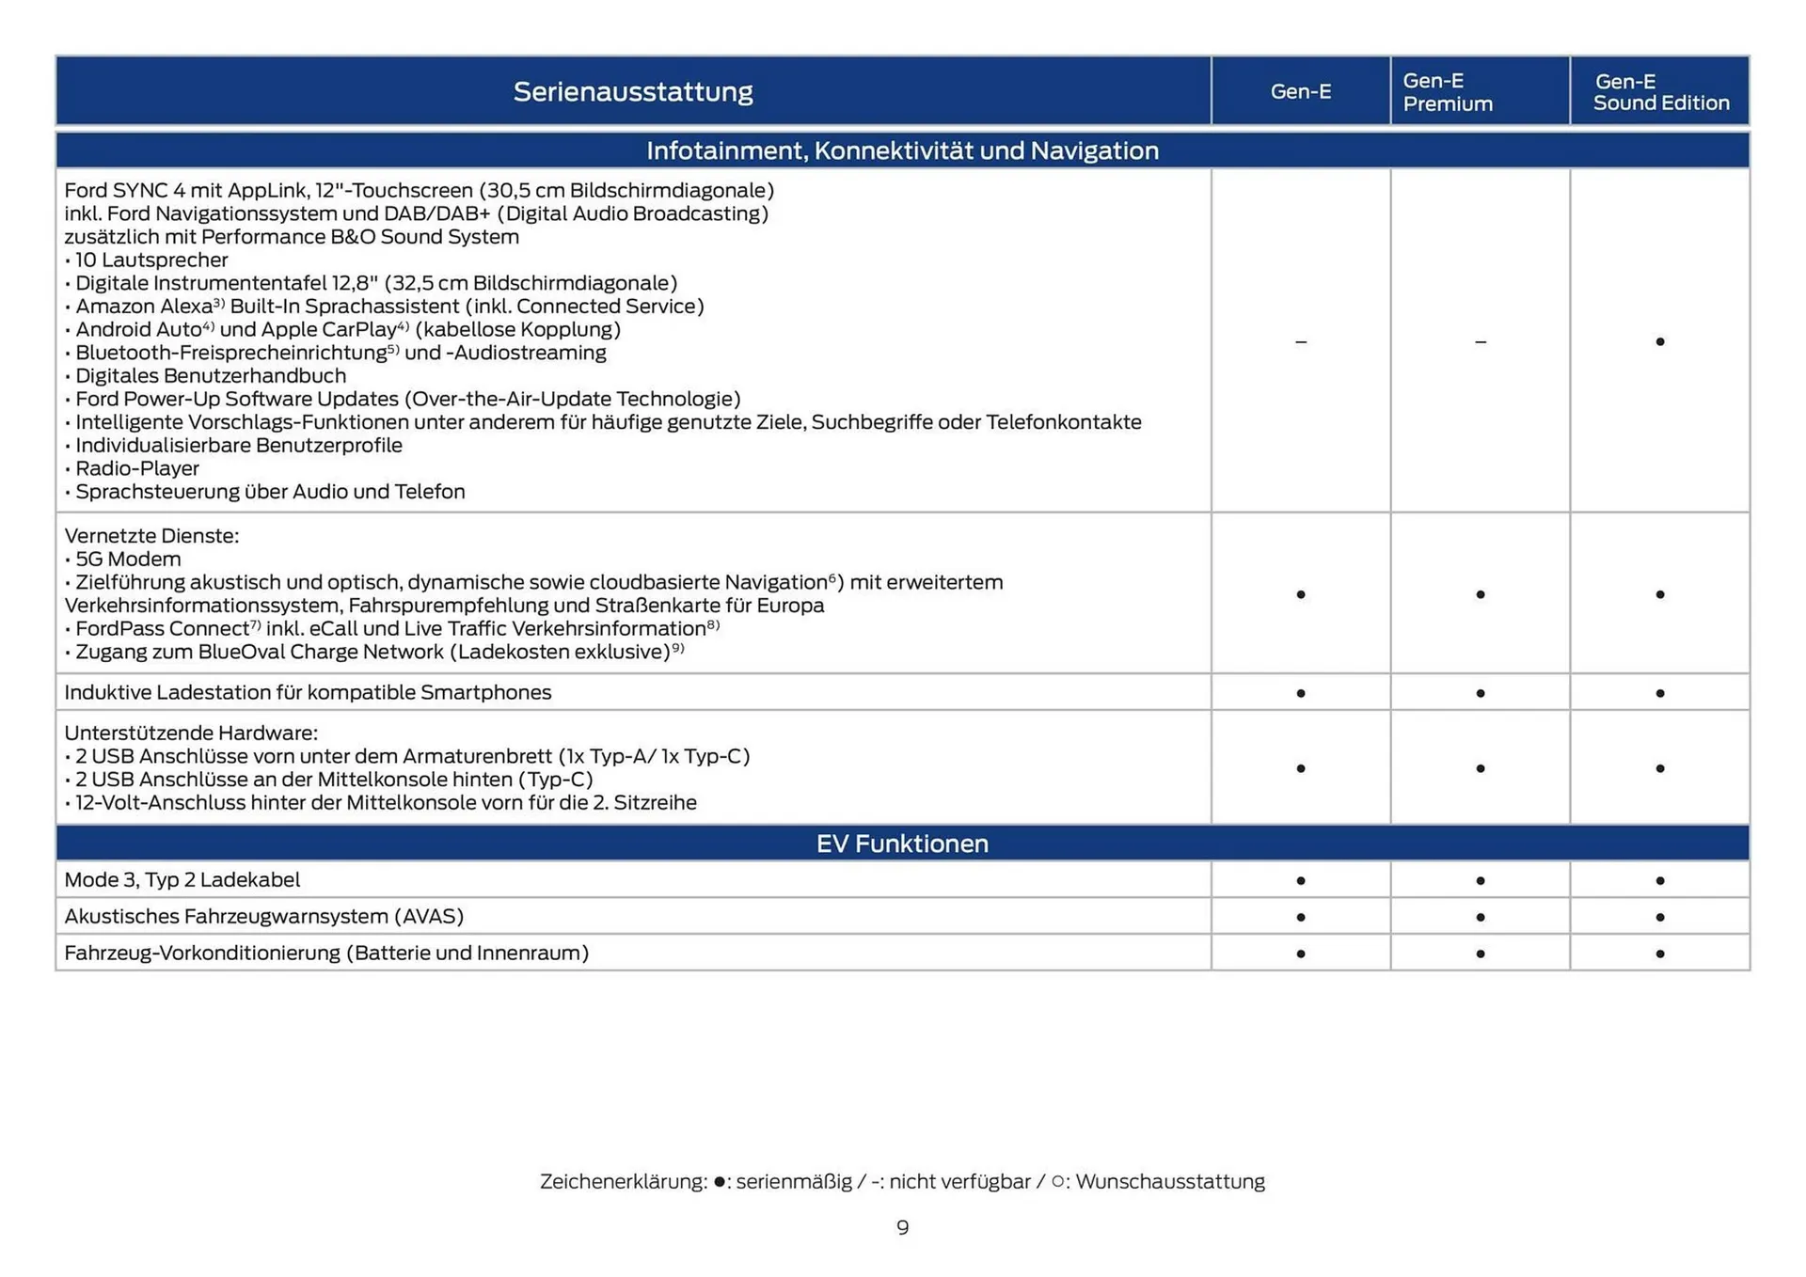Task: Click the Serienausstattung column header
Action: [633, 91]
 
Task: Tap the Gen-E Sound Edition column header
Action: [1660, 92]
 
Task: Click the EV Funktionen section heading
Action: [902, 843]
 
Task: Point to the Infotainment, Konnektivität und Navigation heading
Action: [902, 150]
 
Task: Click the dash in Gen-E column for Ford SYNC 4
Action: [1301, 341]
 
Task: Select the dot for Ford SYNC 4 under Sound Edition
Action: [1660, 341]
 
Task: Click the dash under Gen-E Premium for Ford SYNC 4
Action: [1481, 341]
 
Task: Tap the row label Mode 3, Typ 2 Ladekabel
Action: [182, 880]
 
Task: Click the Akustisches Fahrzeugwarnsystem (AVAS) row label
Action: [263, 917]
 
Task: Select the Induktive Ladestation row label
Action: [308, 693]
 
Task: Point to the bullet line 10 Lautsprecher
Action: [150, 260]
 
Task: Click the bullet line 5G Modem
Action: [128, 560]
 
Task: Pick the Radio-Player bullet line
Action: [136, 468]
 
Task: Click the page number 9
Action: [902, 1228]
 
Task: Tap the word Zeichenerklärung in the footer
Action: [623, 1182]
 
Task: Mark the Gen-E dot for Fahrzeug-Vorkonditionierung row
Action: [1301, 954]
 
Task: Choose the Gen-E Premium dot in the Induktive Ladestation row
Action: [1481, 693]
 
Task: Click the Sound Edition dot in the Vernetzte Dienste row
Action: [1660, 594]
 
